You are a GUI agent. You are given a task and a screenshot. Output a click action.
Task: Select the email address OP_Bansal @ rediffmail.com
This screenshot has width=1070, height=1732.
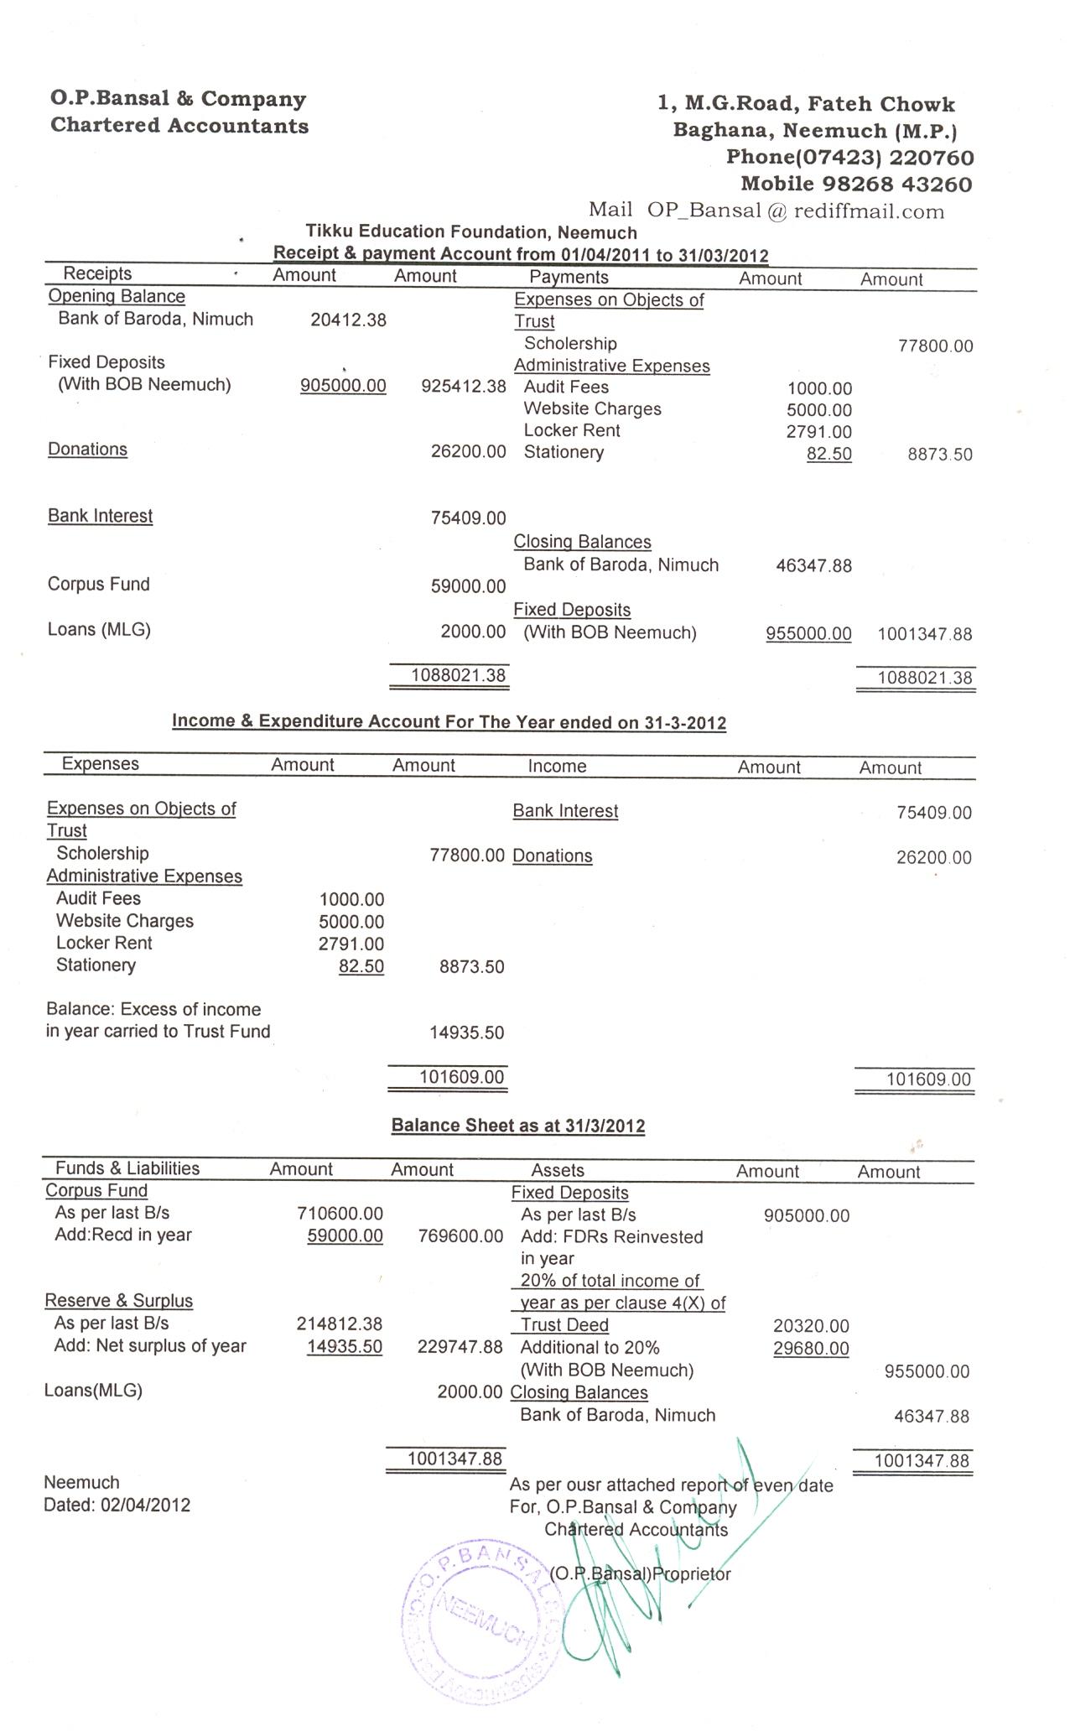click(x=795, y=211)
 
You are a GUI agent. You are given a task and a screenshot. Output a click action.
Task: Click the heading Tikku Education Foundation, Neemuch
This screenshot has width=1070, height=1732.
click(x=470, y=232)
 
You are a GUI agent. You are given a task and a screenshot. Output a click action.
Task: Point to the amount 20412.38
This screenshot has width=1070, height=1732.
click(x=348, y=320)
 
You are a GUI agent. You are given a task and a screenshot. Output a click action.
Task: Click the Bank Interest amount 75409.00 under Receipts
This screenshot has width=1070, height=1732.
click(x=468, y=518)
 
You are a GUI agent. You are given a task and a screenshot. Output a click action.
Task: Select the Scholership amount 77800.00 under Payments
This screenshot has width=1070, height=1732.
click(x=935, y=346)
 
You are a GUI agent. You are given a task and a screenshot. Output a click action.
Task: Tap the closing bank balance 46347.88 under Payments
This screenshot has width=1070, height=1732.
click(x=813, y=566)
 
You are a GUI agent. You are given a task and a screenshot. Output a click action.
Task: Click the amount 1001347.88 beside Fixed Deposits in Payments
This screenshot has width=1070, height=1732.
click(x=924, y=634)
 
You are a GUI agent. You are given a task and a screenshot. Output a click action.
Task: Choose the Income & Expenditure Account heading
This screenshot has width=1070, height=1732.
click(x=449, y=722)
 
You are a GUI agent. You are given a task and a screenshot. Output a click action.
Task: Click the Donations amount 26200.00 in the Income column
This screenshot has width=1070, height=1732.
click(x=933, y=857)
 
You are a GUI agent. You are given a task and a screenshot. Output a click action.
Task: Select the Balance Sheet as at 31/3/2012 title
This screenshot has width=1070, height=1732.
click(x=517, y=1126)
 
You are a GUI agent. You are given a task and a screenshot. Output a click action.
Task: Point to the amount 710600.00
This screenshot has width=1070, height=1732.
click(x=340, y=1214)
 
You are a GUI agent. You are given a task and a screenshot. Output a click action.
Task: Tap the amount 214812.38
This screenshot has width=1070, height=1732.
click(x=340, y=1324)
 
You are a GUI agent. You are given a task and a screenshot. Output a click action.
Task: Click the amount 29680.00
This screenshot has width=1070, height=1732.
click(x=810, y=1349)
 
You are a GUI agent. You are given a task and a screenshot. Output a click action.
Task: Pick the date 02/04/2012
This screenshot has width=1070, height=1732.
click(x=145, y=1505)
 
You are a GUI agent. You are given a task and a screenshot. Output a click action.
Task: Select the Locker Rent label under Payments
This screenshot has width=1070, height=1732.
click(x=571, y=431)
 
